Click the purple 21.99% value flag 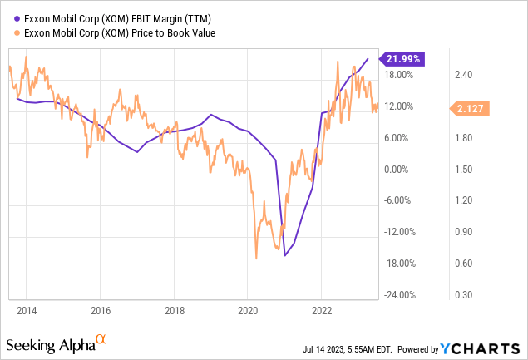pos(403,58)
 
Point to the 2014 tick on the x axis pos(26,309)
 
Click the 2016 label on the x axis pos(100,309)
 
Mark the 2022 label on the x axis pos(321,309)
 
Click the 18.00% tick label pos(399,75)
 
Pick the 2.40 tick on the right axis pos(463,75)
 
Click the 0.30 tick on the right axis pos(463,294)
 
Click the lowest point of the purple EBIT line pos(285,255)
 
